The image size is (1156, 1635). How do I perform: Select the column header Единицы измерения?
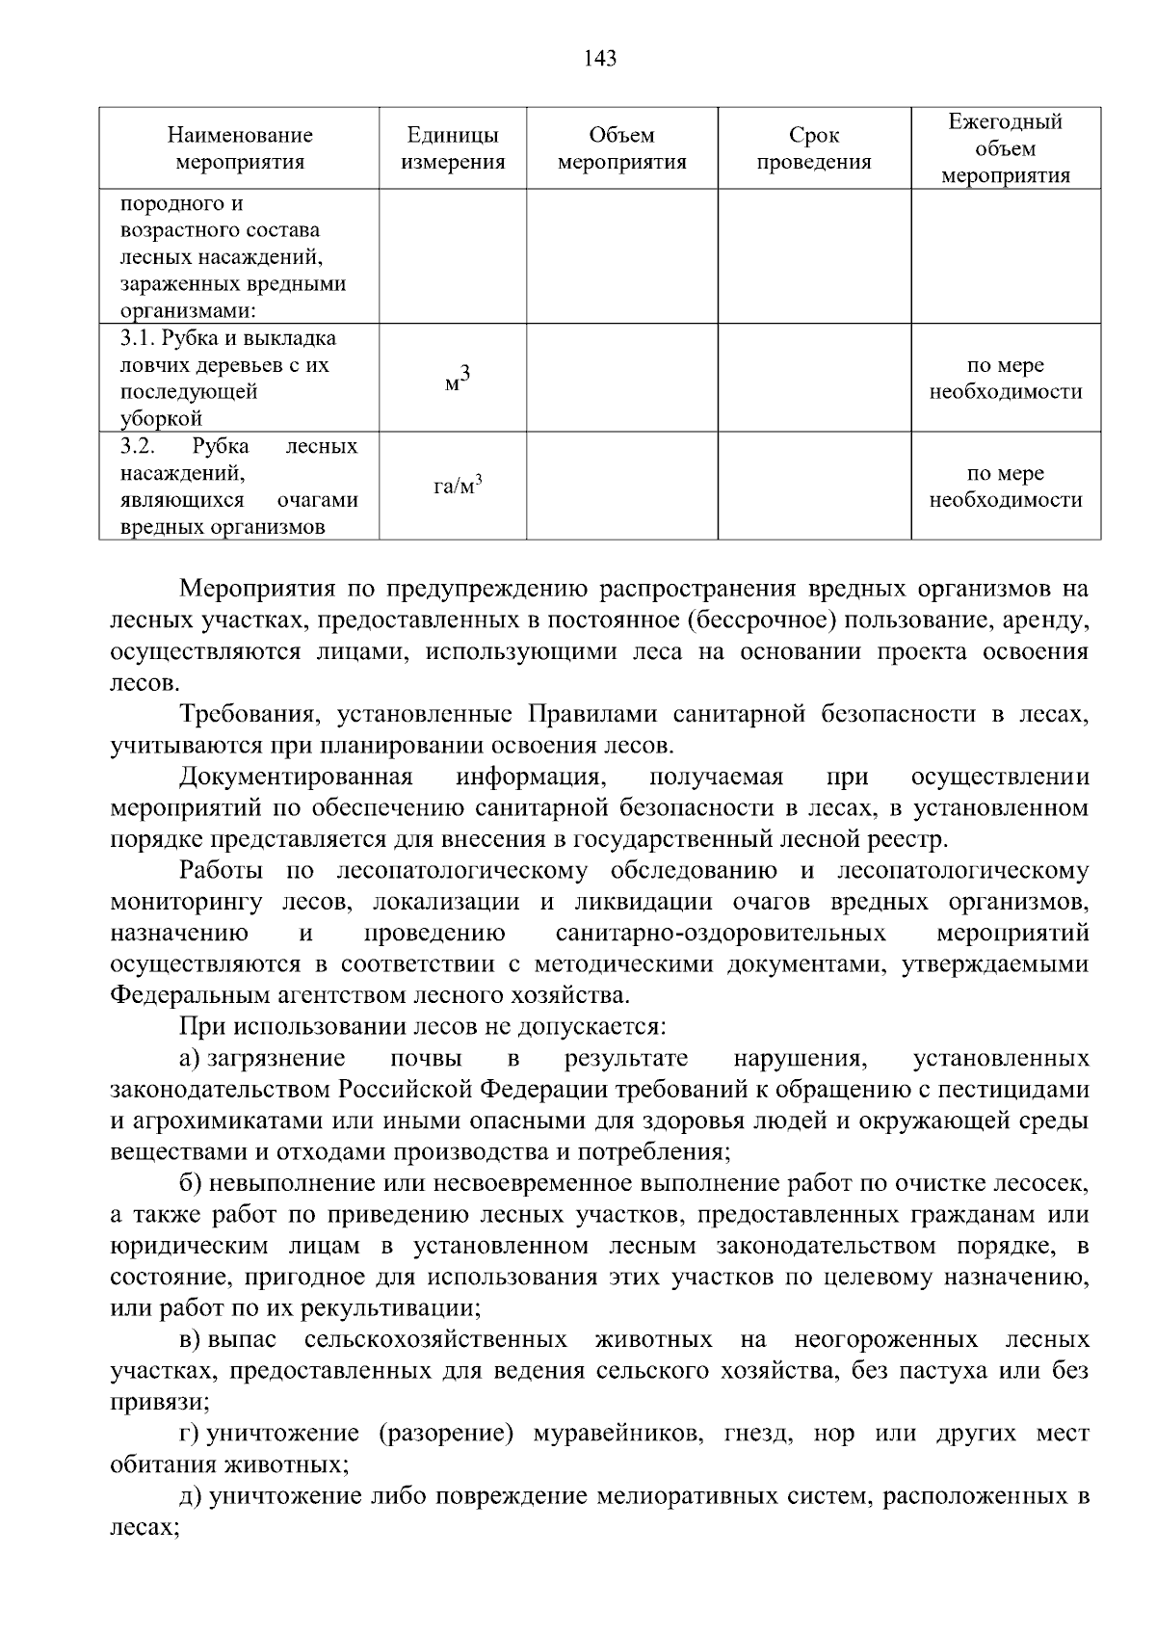point(453,148)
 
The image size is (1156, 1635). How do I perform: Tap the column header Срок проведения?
point(813,148)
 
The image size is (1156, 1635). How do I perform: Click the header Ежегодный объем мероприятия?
point(1005,148)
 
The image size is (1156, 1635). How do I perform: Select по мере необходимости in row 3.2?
point(1005,487)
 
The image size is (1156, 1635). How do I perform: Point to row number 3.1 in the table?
point(137,338)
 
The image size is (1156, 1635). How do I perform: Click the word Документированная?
point(296,777)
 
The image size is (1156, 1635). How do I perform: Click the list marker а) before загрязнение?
point(189,1058)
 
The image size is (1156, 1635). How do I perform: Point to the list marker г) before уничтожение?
point(189,1434)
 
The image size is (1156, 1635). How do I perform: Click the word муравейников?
point(613,1434)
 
